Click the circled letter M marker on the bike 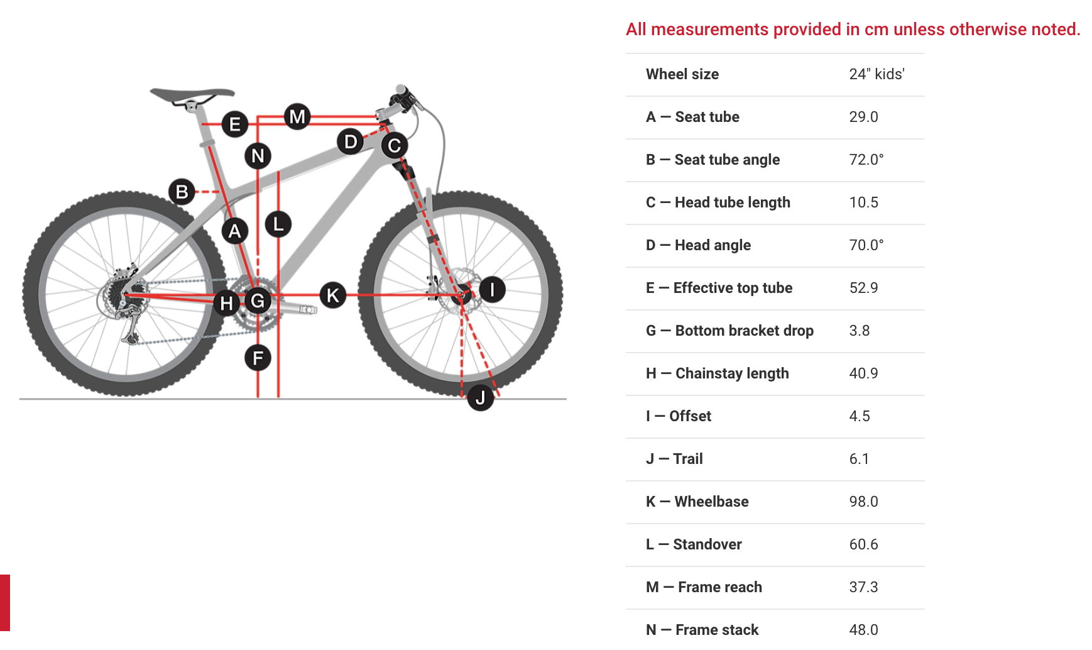point(297,116)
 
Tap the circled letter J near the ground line point(481,397)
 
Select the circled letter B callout point(182,192)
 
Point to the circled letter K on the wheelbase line point(333,295)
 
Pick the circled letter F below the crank point(258,358)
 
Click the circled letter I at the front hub point(492,289)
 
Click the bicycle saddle point(192,95)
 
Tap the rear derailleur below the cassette point(131,327)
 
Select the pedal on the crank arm point(307,309)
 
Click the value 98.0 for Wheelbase point(863,502)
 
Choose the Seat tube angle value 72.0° point(866,160)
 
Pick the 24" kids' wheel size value point(876,74)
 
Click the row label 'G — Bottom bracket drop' point(729,331)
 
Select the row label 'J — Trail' point(674,459)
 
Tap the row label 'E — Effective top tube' point(719,288)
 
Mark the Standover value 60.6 point(863,544)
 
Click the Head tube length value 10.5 point(863,202)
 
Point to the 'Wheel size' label point(682,74)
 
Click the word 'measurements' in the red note point(709,30)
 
